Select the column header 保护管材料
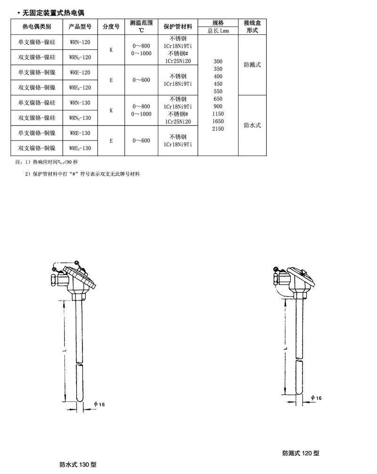click(x=178, y=27)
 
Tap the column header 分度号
click(x=111, y=27)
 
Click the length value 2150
click(x=218, y=129)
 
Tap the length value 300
click(x=218, y=62)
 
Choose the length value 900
click(x=218, y=107)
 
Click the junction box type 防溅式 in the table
click(x=252, y=65)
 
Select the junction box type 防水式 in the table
click(x=252, y=125)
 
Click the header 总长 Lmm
click(x=218, y=31)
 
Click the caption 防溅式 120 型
click(x=301, y=453)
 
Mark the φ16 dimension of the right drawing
click(x=316, y=398)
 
